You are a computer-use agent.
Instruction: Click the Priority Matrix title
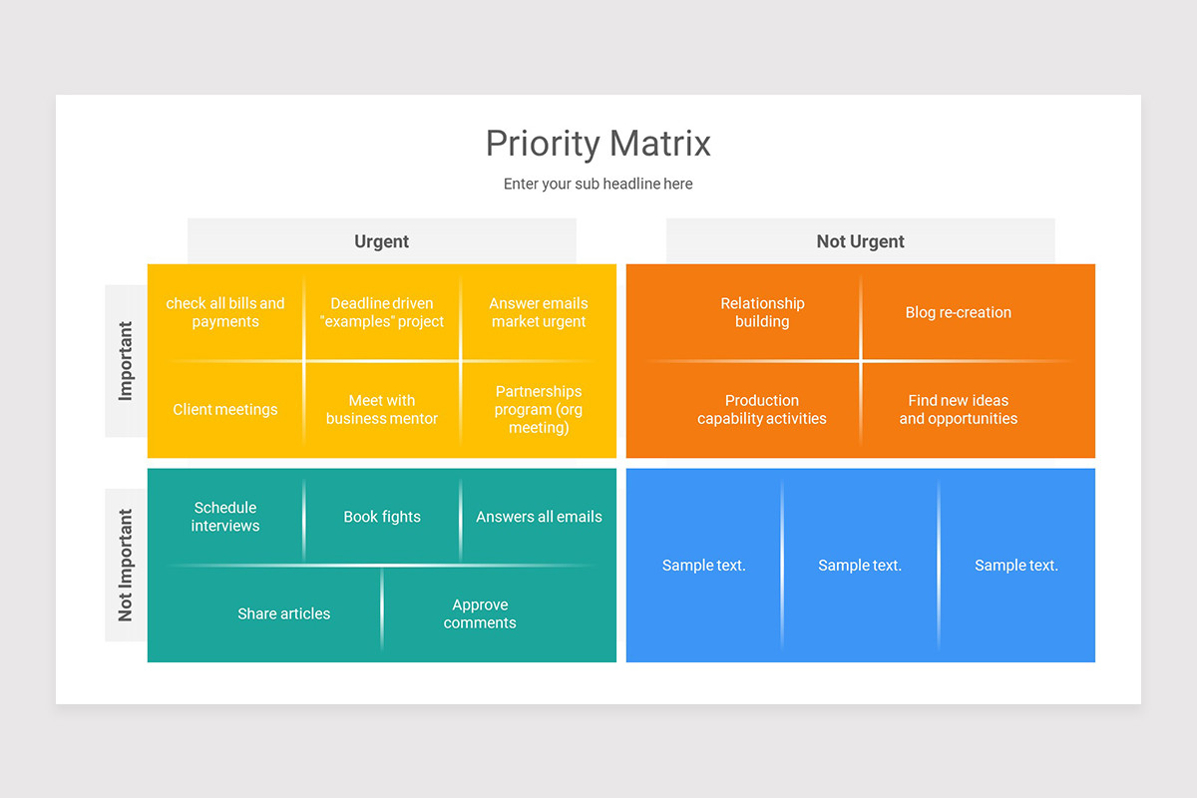point(598,144)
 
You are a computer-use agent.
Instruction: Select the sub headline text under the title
point(598,184)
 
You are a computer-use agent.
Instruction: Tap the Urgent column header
point(381,241)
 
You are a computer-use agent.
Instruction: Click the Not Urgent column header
point(860,241)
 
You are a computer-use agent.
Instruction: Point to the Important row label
point(126,361)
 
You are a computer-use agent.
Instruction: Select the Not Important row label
point(126,565)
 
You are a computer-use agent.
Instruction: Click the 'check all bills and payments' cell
point(225,312)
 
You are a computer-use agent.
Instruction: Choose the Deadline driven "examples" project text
point(382,312)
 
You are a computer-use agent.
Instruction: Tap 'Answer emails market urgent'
point(539,312)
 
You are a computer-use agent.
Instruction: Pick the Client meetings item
point(225,409)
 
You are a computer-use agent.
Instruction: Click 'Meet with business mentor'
point(382,409)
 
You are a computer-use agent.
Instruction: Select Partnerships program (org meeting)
point(539,409)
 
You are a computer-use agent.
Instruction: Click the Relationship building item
point(762,312)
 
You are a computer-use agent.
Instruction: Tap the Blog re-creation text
point(958,312)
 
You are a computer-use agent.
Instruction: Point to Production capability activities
point(762,409)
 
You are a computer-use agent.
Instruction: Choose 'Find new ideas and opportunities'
point(958,409)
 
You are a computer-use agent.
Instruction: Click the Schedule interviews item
point(225,517)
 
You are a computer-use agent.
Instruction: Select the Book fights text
point(382,517)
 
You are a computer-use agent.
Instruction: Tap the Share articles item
point(283,613)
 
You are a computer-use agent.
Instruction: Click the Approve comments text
point(480,613)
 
